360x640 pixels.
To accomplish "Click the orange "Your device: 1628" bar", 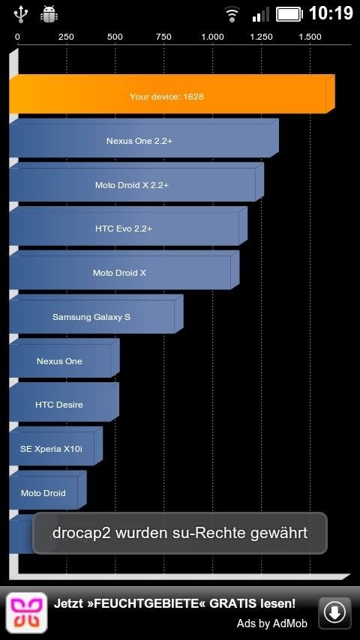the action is [172, 94].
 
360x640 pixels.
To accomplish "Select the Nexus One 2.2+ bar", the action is [144, 139].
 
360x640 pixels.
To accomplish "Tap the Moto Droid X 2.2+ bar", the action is [136, 182].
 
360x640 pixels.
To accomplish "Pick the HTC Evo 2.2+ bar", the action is [128, 226].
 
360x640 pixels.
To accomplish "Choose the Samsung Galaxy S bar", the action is [96, 315].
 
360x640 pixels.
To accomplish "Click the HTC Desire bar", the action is [64, 402].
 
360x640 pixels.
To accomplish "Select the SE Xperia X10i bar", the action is [55, 447].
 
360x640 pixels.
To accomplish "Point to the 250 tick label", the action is [66, 37].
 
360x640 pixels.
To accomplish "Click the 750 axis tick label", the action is [163, 37].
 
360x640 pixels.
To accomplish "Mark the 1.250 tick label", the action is [261, 37].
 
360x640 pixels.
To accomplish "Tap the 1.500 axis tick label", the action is [310, 37].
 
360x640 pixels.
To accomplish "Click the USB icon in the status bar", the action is [20, 13].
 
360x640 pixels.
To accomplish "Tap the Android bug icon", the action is [49, 14].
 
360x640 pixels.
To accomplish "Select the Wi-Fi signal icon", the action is [232, 15].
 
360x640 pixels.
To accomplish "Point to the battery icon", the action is [289, 14].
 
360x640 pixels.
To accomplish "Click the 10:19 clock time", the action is [331, 13].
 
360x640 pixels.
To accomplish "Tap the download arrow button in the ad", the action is [334, 612].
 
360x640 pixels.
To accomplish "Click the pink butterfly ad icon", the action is [26, 613].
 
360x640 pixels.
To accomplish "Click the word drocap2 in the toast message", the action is [82, 533].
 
